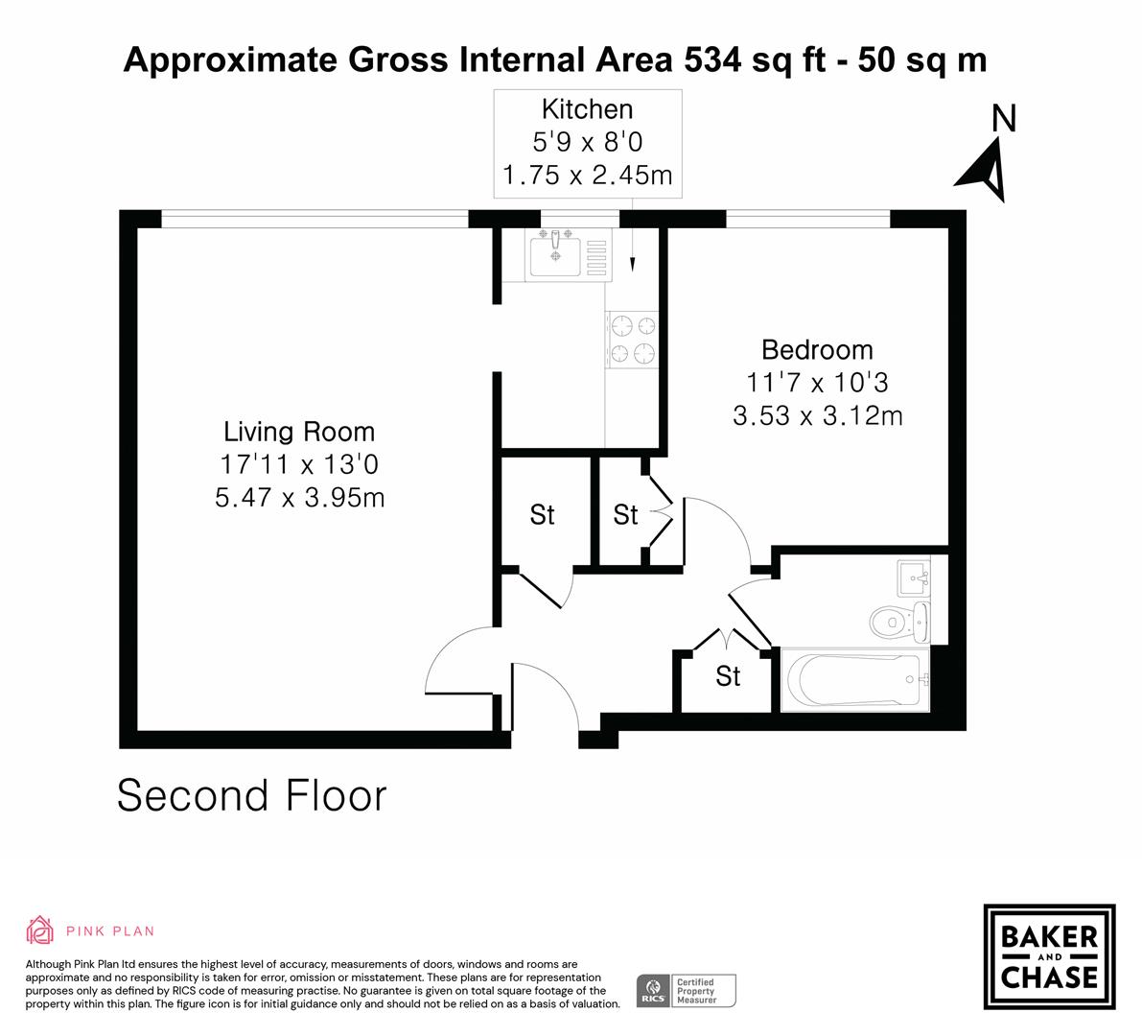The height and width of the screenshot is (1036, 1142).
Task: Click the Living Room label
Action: [x=299, y=432]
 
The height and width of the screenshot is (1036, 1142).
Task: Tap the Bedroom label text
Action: [x=817, y=349]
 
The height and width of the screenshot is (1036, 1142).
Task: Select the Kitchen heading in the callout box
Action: [x=587, y=109]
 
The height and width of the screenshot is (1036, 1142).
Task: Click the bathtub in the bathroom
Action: [x=853, y=679]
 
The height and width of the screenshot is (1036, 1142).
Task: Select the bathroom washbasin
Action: [x=916, y=578]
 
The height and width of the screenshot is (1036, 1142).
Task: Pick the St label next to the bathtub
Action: [x=728, y=677]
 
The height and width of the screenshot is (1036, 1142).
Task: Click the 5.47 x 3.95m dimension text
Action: [x=299, y=498]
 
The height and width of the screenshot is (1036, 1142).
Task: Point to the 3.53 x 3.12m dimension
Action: [x=817, y=416]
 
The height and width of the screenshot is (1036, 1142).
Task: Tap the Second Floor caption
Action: [x=251, y=796]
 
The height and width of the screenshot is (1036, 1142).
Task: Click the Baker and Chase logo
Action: [x=1049, y=956]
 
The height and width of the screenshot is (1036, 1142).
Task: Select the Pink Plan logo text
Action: [x=109, y=930]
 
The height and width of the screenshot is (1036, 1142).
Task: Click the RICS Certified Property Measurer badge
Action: [x=687, y=990]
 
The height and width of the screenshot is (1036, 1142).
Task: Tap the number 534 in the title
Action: [x=711, y=60]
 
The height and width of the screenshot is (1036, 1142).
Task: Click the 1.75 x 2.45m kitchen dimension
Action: [x=587, y=176]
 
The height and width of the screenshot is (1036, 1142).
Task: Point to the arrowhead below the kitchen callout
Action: [x=633, y=263]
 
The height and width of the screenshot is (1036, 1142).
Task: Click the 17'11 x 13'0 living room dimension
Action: [x=299, y=465]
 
